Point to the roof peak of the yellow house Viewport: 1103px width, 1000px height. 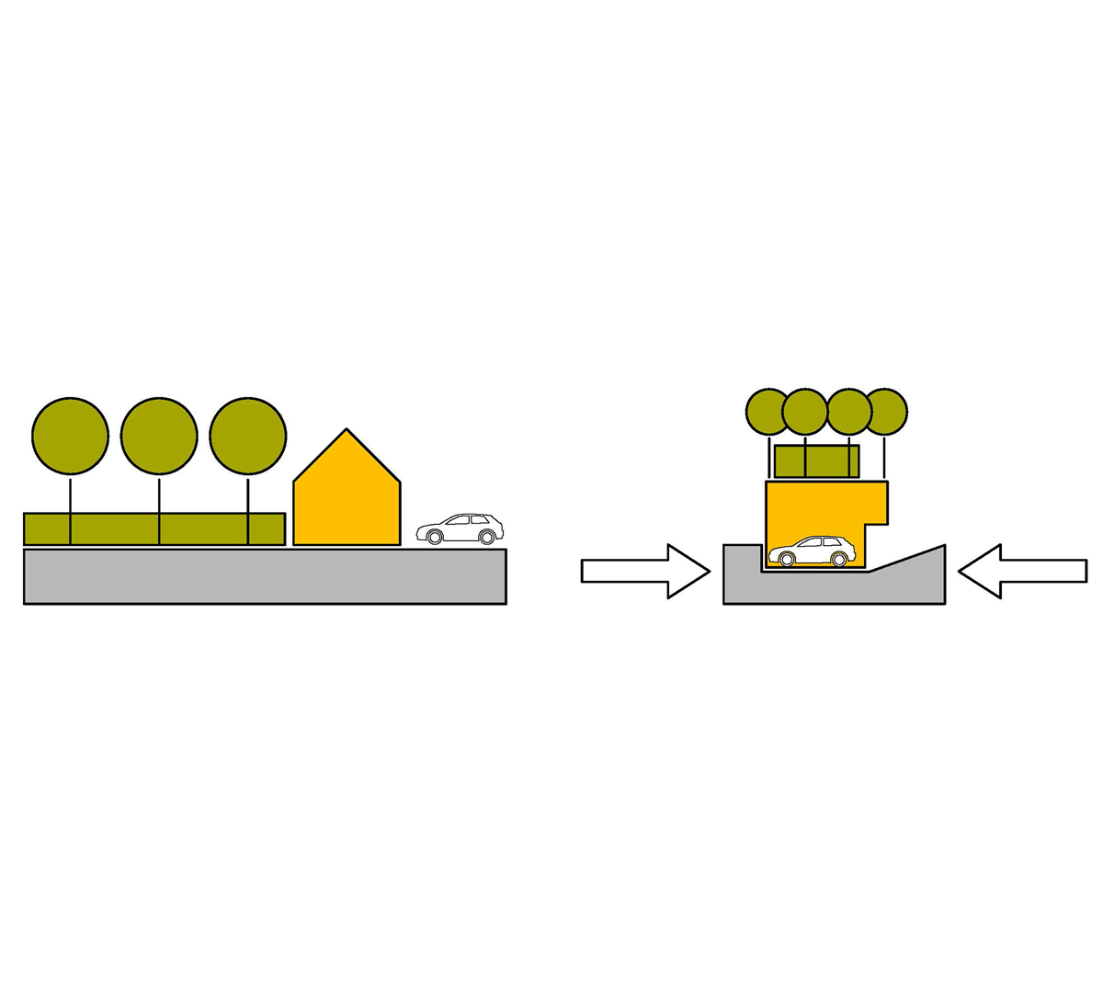[347, 430]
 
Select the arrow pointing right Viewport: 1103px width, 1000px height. [644, 571]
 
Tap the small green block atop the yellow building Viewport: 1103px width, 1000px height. [817, 460]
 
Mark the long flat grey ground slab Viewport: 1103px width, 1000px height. [265, 576]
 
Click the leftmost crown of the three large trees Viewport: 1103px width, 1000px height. [71, 436]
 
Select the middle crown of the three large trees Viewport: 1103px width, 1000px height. [159, 436]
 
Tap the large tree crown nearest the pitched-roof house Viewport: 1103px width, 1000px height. [248, 436]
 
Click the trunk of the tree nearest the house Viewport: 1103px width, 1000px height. [248, 496]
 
